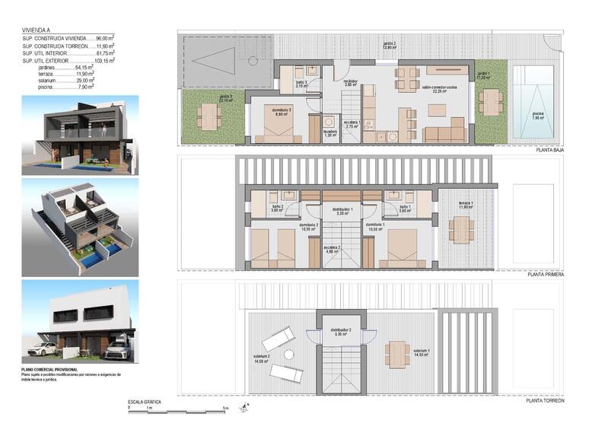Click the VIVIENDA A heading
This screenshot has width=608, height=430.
click(37, 31)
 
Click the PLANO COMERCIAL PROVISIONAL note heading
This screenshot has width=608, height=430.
click(55, 369)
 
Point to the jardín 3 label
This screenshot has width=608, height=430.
click(226, 97)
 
